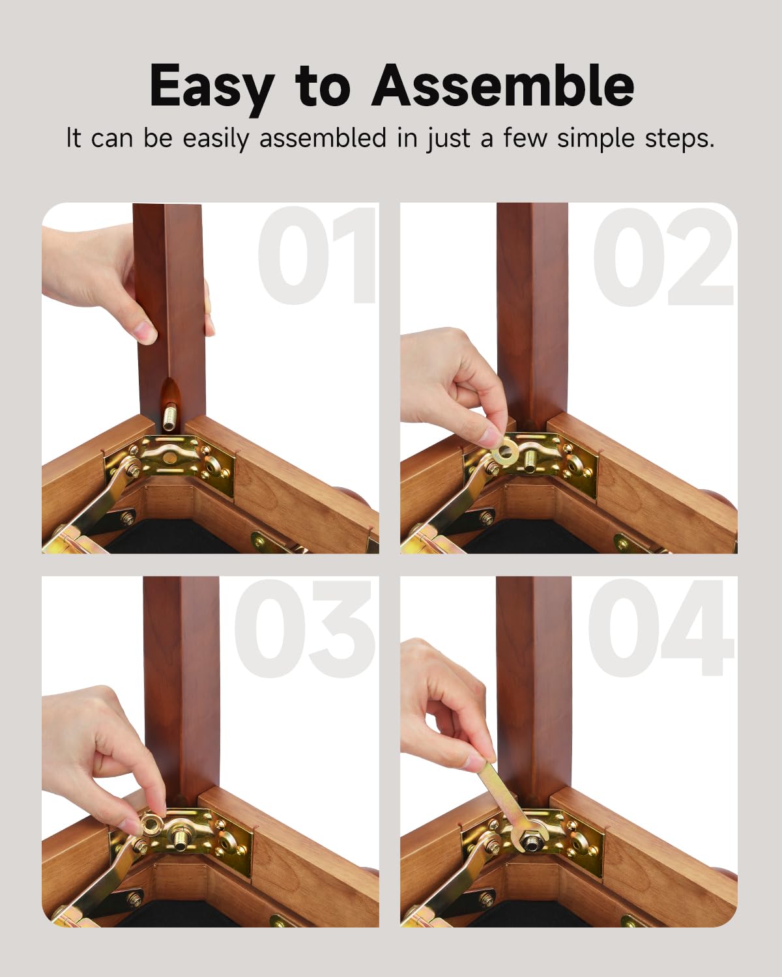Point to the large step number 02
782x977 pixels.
663,257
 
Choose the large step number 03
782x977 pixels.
304,629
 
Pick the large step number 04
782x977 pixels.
661,628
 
